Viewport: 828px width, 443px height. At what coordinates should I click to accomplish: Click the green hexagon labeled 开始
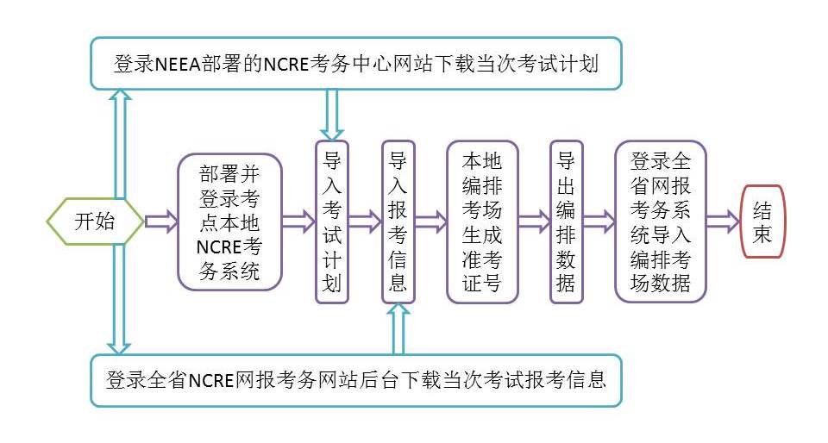94,222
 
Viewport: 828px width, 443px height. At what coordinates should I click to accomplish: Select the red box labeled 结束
762,222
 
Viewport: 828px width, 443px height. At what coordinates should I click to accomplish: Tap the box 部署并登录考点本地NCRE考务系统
229,222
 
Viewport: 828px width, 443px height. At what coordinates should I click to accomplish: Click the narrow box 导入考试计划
332,222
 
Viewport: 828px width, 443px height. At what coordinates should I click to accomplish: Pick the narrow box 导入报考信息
398,222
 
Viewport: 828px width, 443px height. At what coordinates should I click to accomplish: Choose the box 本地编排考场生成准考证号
482,222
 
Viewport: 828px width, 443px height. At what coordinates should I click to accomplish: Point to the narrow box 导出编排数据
566,222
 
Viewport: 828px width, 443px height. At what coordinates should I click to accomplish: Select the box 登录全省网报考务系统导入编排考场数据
661,222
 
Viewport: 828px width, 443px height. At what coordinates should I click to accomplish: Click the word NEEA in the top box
177,64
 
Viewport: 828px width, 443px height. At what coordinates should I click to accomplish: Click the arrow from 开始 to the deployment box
160,222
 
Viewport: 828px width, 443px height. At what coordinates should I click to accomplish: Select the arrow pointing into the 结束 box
723,222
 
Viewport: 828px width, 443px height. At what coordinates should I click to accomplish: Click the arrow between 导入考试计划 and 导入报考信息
365,222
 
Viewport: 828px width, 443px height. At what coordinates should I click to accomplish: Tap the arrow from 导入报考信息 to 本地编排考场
430,222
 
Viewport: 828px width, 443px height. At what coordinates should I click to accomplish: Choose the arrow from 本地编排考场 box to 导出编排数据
534,222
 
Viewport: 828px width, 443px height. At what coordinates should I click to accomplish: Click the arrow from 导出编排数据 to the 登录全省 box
599,222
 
